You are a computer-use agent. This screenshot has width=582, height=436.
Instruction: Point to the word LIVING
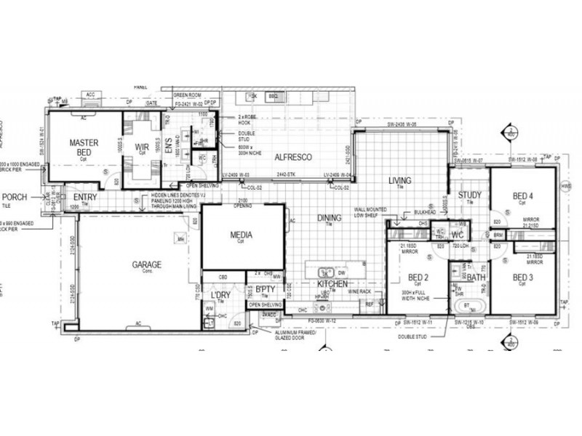pyautogui.click(x=399, y=180)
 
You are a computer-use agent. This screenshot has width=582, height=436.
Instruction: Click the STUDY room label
pyautogui.click(x=470, y=195)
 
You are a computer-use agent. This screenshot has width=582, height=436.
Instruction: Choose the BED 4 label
pyautogui.click(x=522, y=196)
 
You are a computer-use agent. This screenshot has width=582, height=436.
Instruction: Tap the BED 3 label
pyautogui.click(x=523, y=278)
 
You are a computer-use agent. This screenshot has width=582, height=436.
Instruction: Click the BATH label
pyautogui.click(x=477, y=278)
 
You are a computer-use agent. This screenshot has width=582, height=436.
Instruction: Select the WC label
pyautogui.click(x=458, y=235)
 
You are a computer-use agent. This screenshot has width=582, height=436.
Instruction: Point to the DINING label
pyautogui.click(x=329, y=217)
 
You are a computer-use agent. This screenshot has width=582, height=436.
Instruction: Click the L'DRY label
pyautogui.click(x=220, y=296)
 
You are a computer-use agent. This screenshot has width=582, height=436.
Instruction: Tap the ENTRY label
pyautogui.click(x=85, y=197)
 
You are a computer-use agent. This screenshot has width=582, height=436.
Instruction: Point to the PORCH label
pyautogui.click(x=15, y=197)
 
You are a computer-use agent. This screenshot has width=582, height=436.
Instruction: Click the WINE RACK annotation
pyautogui.click(x=359, y=291)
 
